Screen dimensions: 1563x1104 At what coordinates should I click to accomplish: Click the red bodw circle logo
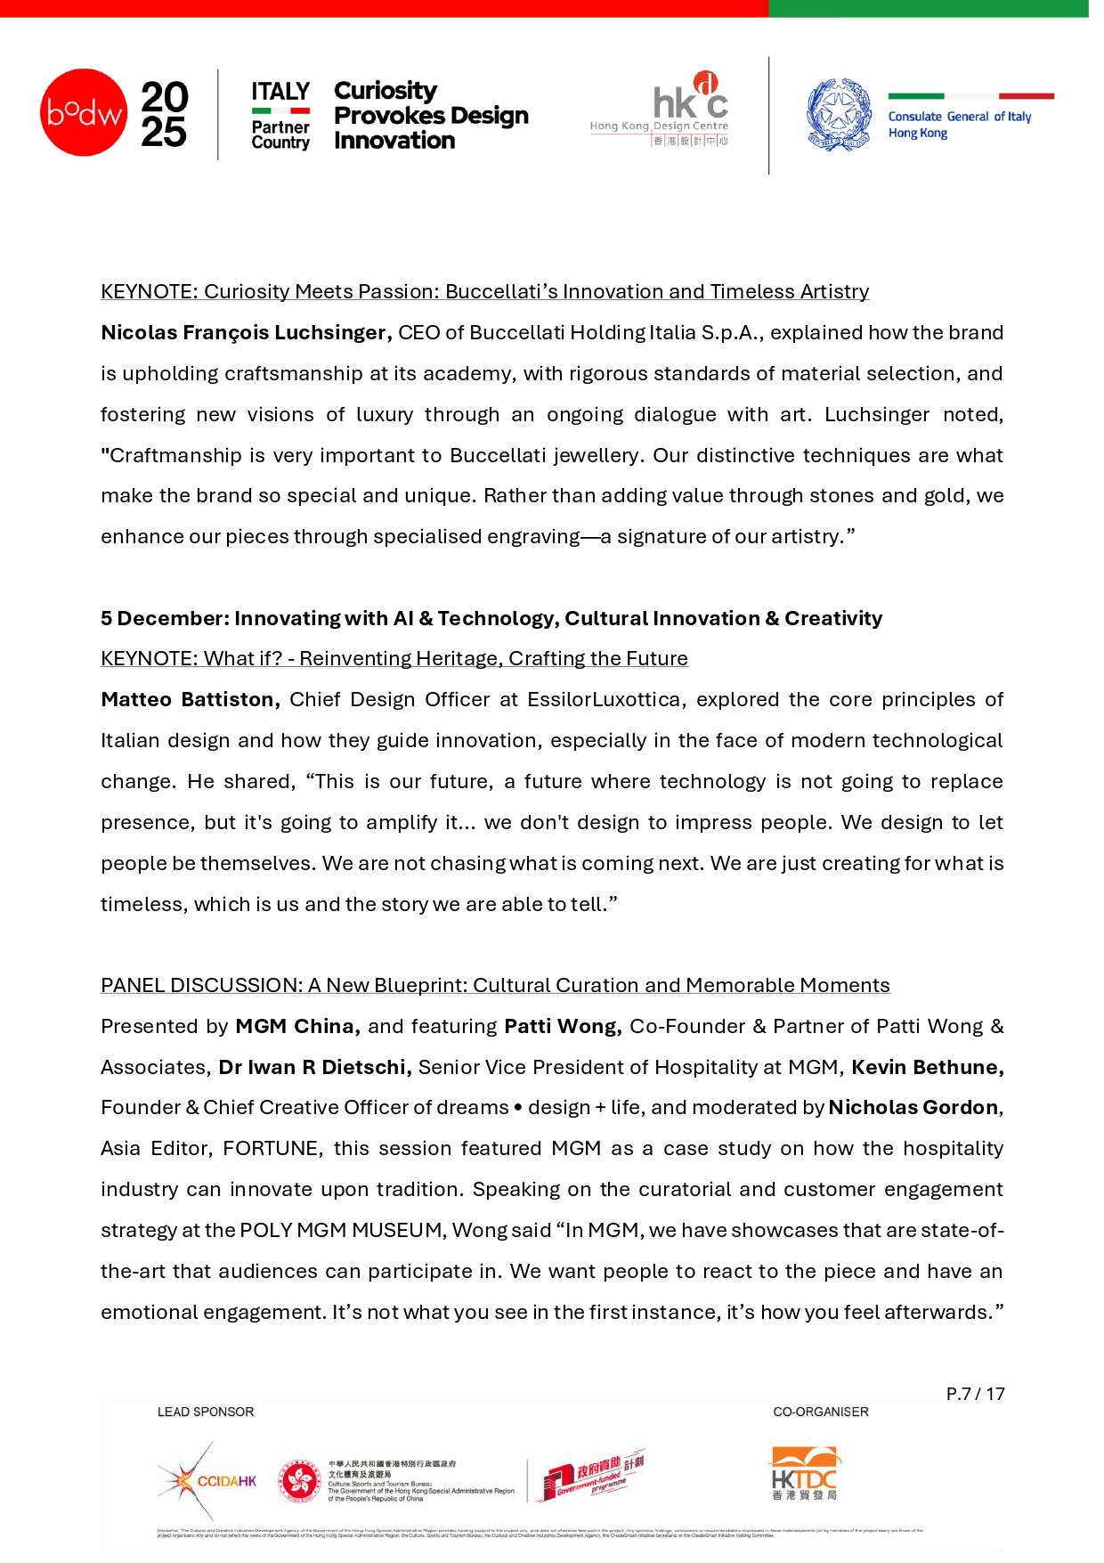click(84, 112)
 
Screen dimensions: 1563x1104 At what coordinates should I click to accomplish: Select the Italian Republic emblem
click(839, 114)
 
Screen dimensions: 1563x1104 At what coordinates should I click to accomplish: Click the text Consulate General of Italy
click(959, 117)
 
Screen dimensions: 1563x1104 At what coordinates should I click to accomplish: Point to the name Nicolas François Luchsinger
click(246, 333)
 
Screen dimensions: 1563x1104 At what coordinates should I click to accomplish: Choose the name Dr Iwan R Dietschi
click(315, 1068)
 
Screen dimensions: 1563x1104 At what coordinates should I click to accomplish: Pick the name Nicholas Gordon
click(913, 1108)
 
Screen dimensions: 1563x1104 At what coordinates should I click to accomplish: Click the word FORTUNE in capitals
click(271, 1149)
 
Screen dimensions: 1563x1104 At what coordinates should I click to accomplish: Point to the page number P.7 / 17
click(975, 1395)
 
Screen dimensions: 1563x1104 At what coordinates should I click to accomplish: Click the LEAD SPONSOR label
click(206, 1412)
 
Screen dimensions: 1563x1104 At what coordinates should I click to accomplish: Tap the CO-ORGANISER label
click(821, 1412)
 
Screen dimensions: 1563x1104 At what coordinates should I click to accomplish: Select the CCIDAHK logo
click(207, 1481)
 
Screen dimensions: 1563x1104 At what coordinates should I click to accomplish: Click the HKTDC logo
click(805, 1474)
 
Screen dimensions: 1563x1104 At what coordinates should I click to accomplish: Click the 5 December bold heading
click(491, 619)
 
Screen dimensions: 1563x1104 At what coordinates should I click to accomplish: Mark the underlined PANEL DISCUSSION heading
click(495, 986)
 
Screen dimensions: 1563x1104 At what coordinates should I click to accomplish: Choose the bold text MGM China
click(297, 1027)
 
